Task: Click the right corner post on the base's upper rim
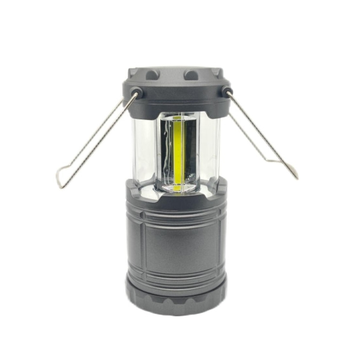[221, 187]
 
